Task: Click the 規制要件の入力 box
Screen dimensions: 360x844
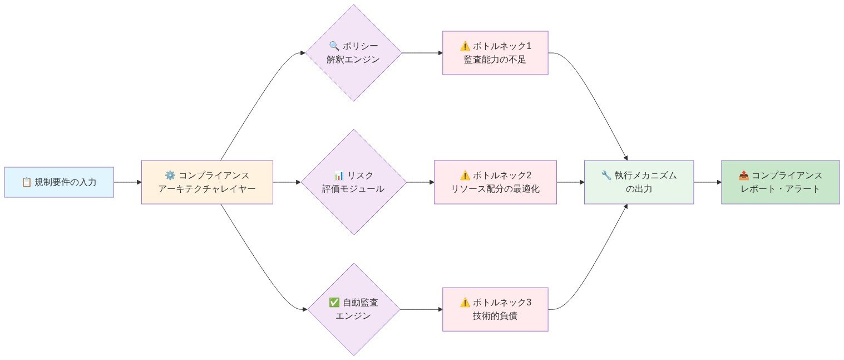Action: pos(59,182)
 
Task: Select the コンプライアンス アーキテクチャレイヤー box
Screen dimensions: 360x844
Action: pos(207,182)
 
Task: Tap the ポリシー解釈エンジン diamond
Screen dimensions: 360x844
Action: pos(353,53)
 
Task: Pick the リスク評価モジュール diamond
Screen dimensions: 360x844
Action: pos(353,182)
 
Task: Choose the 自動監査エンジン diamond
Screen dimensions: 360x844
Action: pos(353,309)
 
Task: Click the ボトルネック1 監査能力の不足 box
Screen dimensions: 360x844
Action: pos(495,53)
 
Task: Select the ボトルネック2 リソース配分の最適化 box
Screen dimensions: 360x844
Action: pos(495,182)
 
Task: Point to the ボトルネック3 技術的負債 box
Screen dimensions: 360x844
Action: pos(495,309)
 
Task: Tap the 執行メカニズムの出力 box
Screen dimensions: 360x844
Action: pos(639,182)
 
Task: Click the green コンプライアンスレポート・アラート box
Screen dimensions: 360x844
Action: pos(780,182)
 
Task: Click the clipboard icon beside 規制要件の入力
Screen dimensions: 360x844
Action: pos(26,182)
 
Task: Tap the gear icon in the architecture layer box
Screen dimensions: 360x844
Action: pos(170,176)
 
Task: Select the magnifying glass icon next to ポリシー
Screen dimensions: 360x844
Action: pos(334,46)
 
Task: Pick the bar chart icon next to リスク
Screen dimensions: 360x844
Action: pos(338,176)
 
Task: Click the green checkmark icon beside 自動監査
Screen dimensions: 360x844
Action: pos(334,303)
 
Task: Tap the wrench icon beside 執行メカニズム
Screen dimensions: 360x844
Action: pos(606,176)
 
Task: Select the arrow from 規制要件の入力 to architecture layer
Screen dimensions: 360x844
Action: pos(127,182)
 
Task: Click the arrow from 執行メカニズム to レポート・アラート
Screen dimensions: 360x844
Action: pos(707,182)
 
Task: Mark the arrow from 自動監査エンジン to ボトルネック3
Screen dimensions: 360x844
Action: pos(421,309)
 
